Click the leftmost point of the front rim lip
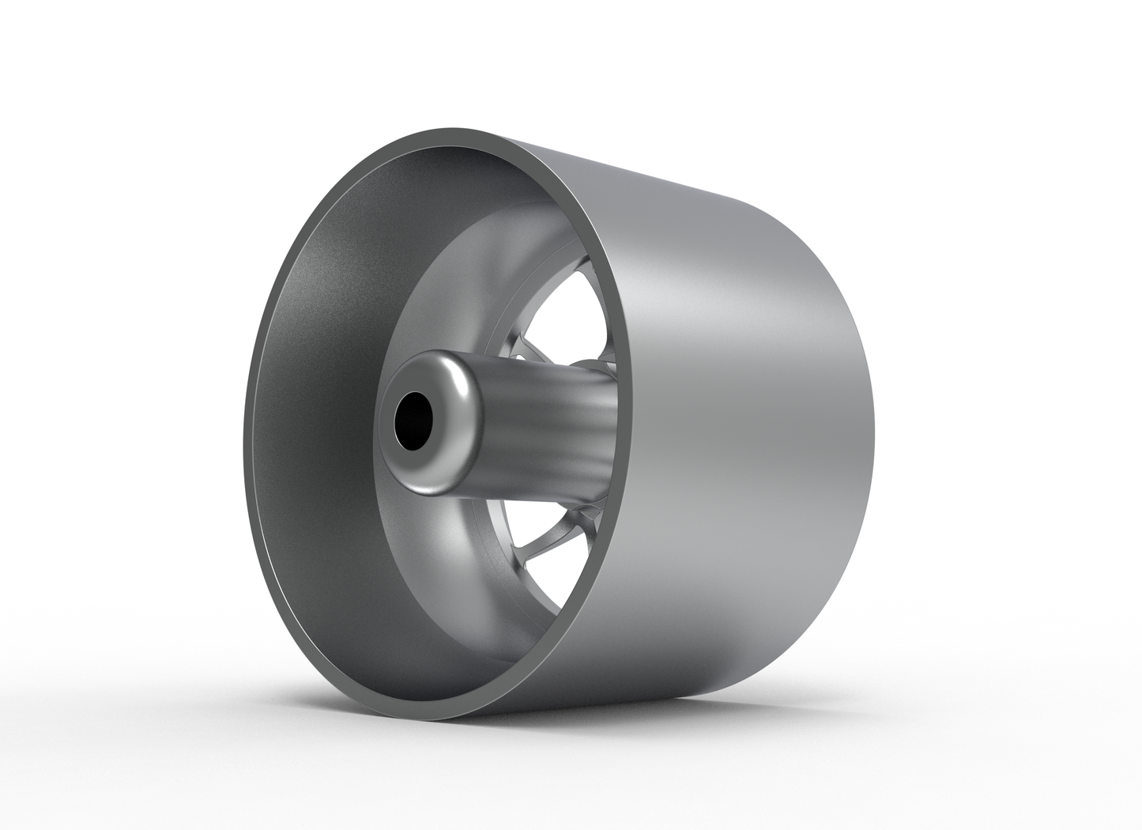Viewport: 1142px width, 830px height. (x=246, y=443)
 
